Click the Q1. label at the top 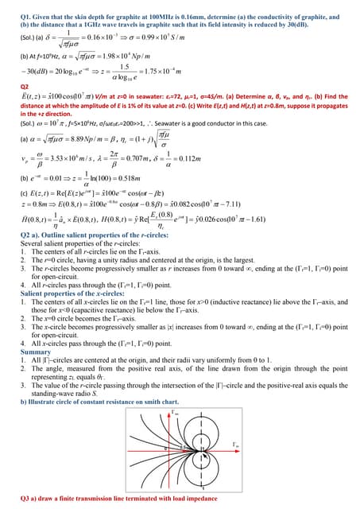[x=25, y=16]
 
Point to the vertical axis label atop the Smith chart [x=186, y=414]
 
